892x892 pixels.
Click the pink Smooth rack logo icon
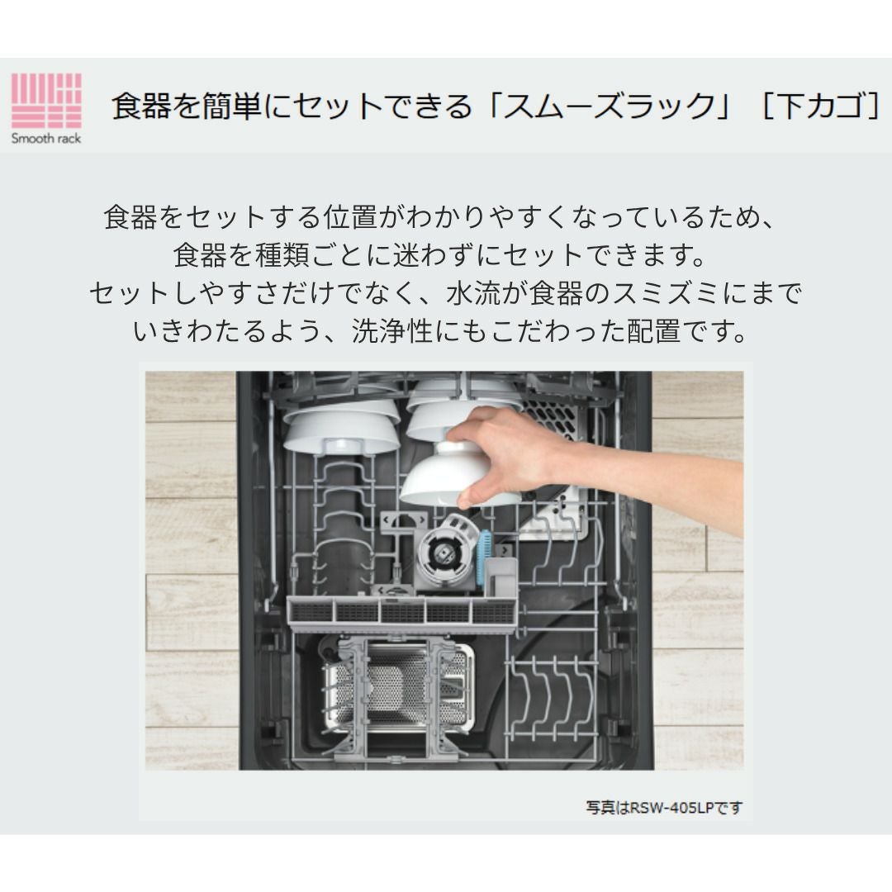coord(46,101)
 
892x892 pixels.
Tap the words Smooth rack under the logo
coord(46,138)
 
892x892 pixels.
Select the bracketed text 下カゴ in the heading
coord(820,106)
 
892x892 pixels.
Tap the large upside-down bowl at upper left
coord(341,428)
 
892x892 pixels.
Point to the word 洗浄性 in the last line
coord(392,331)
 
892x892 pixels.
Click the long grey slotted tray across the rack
coord(401,613)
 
